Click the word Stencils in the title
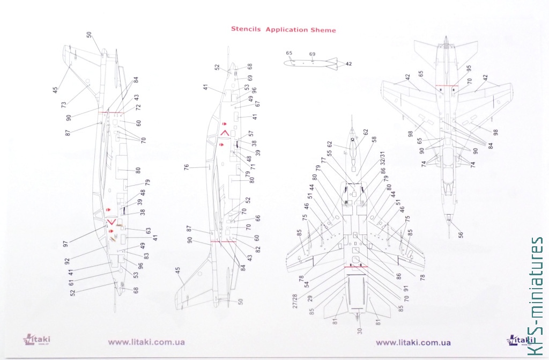(x=246, y=30)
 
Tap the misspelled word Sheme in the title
(x=323, y=30)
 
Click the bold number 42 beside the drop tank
(x=348, y=64)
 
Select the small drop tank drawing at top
(x=310, y=64)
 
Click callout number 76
(x=187, y=168)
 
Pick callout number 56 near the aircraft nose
(x=461, y=234)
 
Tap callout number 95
(x=469, y=68)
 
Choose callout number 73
(x=64, y=104)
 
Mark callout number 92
(x=68, y=262)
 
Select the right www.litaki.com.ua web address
(x=413, y=342)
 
